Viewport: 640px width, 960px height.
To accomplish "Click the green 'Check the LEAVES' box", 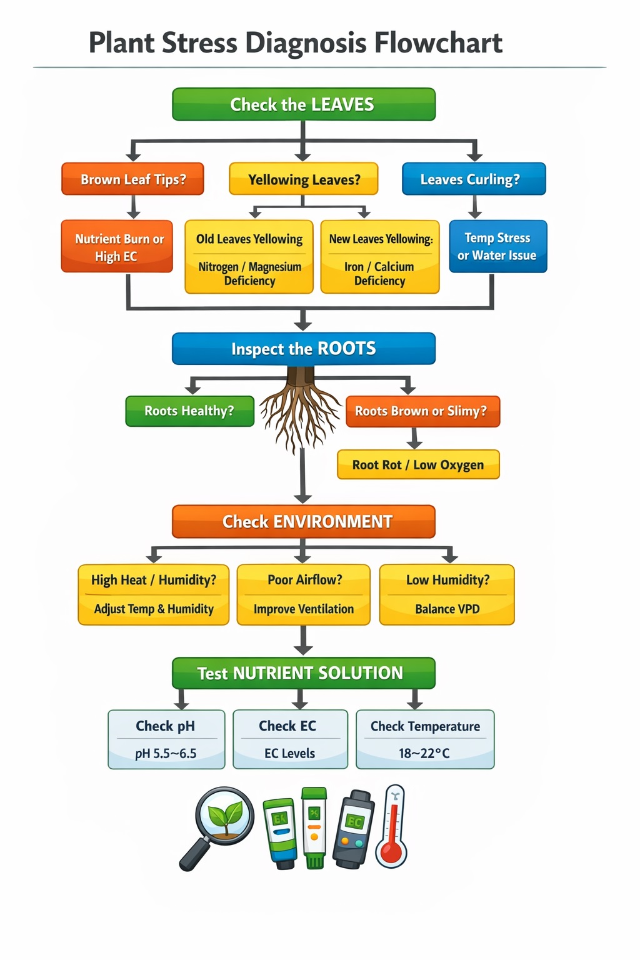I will click(303, 104).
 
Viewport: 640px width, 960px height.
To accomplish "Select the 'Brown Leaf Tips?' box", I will click(132, 179).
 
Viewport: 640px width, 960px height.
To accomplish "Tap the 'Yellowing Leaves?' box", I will click(304, 180).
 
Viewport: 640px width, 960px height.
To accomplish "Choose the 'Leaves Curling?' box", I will click(474, 179).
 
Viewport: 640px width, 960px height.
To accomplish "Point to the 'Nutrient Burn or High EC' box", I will click(117, 247).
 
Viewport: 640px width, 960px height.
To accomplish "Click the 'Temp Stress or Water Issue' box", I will click(497, 247).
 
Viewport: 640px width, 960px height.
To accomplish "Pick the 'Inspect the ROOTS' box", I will click(303, 349).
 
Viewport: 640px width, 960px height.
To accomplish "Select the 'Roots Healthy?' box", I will click(189, 411).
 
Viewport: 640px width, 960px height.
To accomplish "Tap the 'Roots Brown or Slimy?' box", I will click(422, 411).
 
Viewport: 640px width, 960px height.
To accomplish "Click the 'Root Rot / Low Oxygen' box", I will click(418, 465).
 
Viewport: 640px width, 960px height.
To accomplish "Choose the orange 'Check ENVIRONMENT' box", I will click(303, 522).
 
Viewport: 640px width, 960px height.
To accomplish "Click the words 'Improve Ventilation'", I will click(304, 609).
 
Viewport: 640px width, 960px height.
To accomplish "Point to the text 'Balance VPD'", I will click(447, 609).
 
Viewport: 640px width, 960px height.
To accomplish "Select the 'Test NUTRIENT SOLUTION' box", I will click(303, 673).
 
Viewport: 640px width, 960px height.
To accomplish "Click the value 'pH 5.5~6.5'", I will click(166, 754).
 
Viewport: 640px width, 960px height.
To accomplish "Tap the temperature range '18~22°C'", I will click(424, 754).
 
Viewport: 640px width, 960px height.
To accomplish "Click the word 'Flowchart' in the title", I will click(438, 43).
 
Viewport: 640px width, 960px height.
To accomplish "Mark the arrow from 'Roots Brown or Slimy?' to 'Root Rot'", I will click(414, 438).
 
